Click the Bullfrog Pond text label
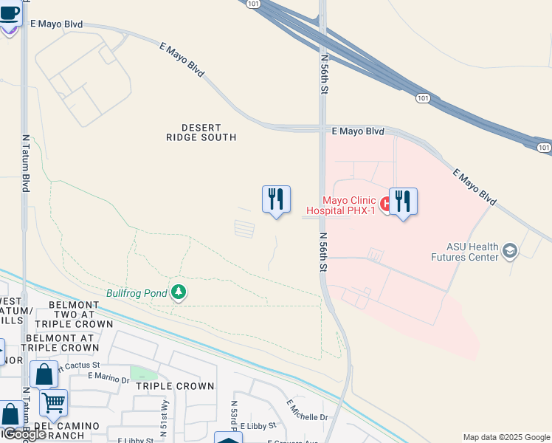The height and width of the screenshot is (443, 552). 137,293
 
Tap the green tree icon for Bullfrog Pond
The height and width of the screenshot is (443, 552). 178,292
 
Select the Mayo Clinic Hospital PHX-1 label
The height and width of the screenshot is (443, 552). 348,205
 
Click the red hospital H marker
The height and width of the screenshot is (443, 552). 384,202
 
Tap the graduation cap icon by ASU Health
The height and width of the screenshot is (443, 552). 509,252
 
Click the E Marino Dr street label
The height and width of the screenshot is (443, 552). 108,376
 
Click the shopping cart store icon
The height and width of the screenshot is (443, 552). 53,403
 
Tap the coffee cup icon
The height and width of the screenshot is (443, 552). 10,14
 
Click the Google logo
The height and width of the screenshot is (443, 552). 24,434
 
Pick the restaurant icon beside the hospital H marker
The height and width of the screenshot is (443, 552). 403,201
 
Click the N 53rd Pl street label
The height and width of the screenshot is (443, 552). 234,416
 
